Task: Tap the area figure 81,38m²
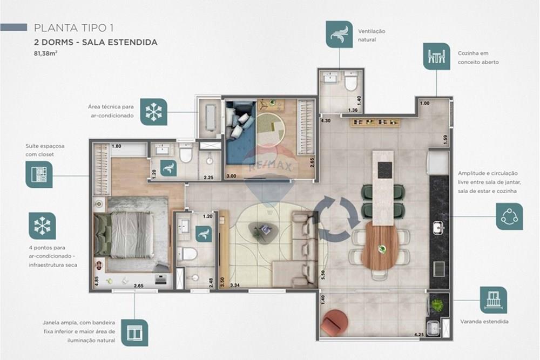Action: click(45, 53)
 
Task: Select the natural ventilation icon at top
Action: click(339, 35)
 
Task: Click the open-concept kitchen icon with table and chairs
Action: click(436, 57)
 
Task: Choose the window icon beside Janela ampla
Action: click(134, 332)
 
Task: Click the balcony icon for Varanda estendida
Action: click(494, 300)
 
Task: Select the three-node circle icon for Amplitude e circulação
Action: click(509, 216)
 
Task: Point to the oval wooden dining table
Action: click(382, 246)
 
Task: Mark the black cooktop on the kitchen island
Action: click(385, 169)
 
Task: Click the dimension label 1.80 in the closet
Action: click(117, 146)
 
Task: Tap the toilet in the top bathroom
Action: click(351, 83)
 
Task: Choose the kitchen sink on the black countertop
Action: click(438, 228)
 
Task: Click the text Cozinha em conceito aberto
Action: click(478, 58)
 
